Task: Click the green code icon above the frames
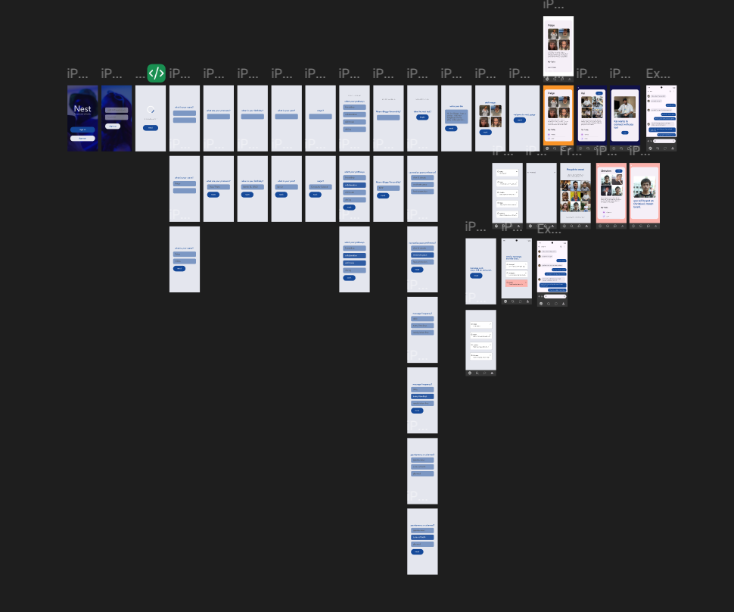coord(156,73)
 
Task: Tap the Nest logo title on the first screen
coord(82,109)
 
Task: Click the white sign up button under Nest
coord(82,138)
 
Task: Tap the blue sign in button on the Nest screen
coord(82,130)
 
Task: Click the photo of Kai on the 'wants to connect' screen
coord(624,107)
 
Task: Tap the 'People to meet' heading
coord(575,170)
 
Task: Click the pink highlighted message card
coord(516,283)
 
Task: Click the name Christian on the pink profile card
coord(605,171)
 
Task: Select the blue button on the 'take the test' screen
coord(422,117)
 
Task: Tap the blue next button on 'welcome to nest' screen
coord(519,120)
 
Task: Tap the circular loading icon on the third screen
coord(151,110)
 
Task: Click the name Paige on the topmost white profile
coord(551,26)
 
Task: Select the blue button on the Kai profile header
coord(599,93)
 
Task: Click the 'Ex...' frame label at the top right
coord(657,73)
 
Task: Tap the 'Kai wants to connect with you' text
coord(622,123)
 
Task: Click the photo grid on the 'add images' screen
coord(490,116)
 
